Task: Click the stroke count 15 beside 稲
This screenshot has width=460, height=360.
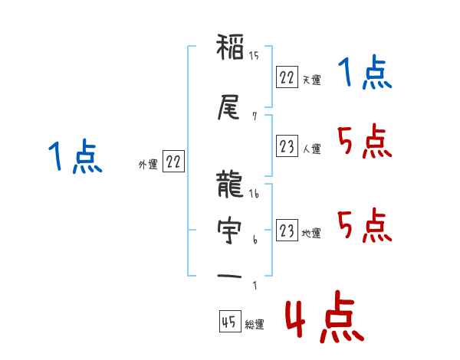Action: coord(255,55)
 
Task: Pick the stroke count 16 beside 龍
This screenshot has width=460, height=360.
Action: coord(255,195)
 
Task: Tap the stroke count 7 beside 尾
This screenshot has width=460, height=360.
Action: coord(254,116)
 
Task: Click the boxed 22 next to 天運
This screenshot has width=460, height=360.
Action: coord(287,77)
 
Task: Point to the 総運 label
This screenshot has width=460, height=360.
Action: coord(255,325)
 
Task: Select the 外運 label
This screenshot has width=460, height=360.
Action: coord(147,164)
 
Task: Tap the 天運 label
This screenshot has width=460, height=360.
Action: coord(311,80)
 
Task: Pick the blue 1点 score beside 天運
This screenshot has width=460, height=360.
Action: coord(364,75)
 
